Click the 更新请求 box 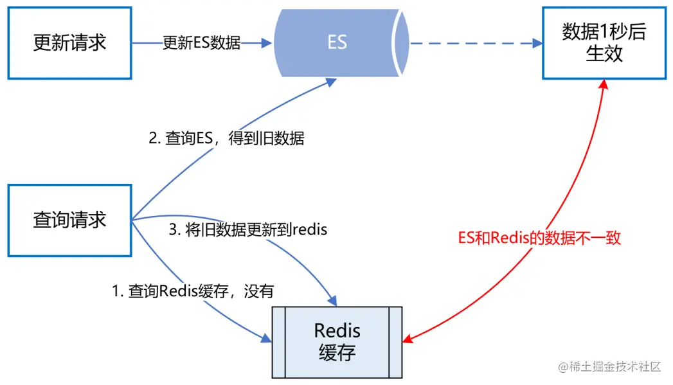(69, 43)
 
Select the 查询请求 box (69, 220)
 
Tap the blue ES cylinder (337, 43)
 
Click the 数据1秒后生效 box (604, 43)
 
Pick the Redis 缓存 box (337, 342)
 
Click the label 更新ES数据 (201, 43)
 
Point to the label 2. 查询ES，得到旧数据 (226, 138)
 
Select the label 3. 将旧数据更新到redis (248, 229)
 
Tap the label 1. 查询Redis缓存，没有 (193, 291)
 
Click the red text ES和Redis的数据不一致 (539, 237)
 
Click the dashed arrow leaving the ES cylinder (469, 43)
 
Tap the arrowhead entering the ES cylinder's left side (267, 43)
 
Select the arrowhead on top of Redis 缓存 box (332, 300)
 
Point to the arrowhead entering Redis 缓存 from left (266, 338)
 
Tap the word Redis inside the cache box (337, 331)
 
